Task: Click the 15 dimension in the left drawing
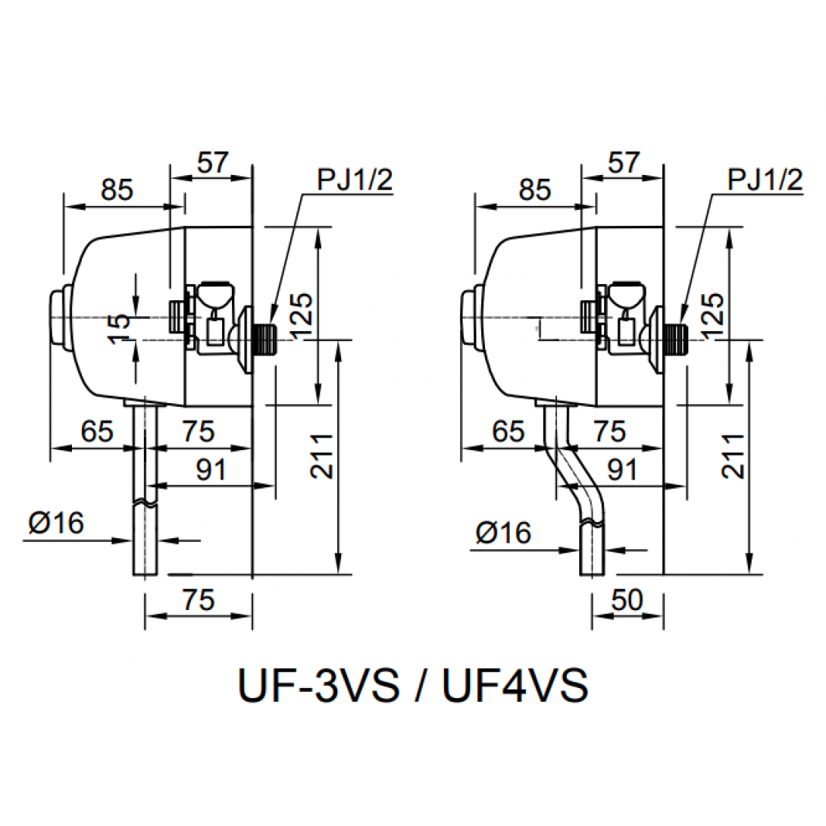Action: point(120,328)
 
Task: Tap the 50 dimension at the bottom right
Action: point(627,599)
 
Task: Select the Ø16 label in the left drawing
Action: point(56,523)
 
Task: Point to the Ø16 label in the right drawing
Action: point(503,533)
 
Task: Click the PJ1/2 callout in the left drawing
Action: point(355,180)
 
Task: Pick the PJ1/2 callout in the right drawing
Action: point(765,180)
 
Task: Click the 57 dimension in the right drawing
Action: point(624,162)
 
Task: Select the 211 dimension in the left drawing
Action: point(321,456)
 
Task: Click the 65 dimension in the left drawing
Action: point(97,431)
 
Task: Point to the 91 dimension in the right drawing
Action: point(623,469)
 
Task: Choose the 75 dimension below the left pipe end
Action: point(199,599)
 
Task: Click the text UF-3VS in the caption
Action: point(319,685)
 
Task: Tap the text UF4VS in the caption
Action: point(515,685)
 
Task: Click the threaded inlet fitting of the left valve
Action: point(264,339)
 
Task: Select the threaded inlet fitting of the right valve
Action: point(674,339)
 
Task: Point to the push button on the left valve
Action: point(60,317)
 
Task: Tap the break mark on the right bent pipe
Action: point(592,523)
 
